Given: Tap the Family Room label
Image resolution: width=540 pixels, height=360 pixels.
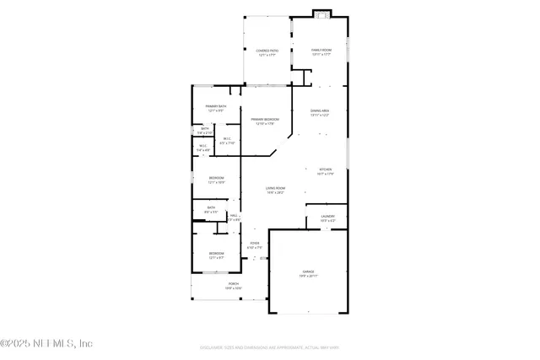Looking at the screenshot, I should point(321,52).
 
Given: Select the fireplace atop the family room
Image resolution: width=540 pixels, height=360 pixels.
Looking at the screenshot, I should point(321,13).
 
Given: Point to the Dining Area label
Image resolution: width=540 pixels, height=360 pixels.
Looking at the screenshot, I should point(319,113).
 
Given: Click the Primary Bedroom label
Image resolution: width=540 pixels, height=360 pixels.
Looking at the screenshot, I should point(265,121).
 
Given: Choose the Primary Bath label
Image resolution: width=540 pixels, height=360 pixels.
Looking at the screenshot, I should point(215,108).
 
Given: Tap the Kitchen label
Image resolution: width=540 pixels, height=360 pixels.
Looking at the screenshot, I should point(326,172).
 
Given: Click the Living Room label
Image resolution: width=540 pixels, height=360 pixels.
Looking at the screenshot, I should point(275,190).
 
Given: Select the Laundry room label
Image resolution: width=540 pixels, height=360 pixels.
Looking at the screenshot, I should point(327,218).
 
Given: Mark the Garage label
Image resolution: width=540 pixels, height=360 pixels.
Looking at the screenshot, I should point(308,273).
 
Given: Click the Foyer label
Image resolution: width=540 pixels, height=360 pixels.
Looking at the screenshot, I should point(255,246).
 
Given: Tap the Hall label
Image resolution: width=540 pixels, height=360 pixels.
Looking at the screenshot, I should point(235,218).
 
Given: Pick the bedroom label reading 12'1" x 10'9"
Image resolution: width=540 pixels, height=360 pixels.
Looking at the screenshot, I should point(217,180).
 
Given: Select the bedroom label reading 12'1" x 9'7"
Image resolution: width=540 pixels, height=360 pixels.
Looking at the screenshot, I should point(217,255).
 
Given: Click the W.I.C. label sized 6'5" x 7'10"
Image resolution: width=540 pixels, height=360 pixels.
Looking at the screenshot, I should point(227,141).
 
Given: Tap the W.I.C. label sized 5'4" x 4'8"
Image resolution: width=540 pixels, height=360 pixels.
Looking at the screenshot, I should point(203,148).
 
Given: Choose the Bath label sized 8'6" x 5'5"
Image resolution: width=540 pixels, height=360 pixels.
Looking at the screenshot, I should point(212,209).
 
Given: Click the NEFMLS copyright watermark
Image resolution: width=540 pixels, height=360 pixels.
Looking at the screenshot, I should point(46,343).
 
